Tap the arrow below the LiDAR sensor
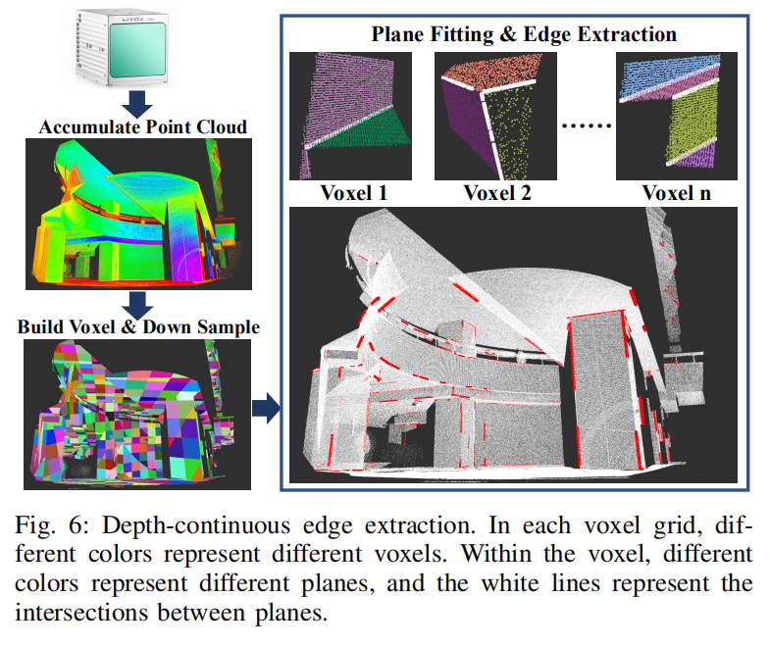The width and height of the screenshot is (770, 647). (x=138, y=102)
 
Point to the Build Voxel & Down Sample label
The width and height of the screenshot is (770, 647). (x=138, y=326)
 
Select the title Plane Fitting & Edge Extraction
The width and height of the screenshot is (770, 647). (x=524, y=34)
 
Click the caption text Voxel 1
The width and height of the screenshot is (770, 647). (x=353, y=192)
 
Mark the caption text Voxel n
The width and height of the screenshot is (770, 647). (x=677, y=192)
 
